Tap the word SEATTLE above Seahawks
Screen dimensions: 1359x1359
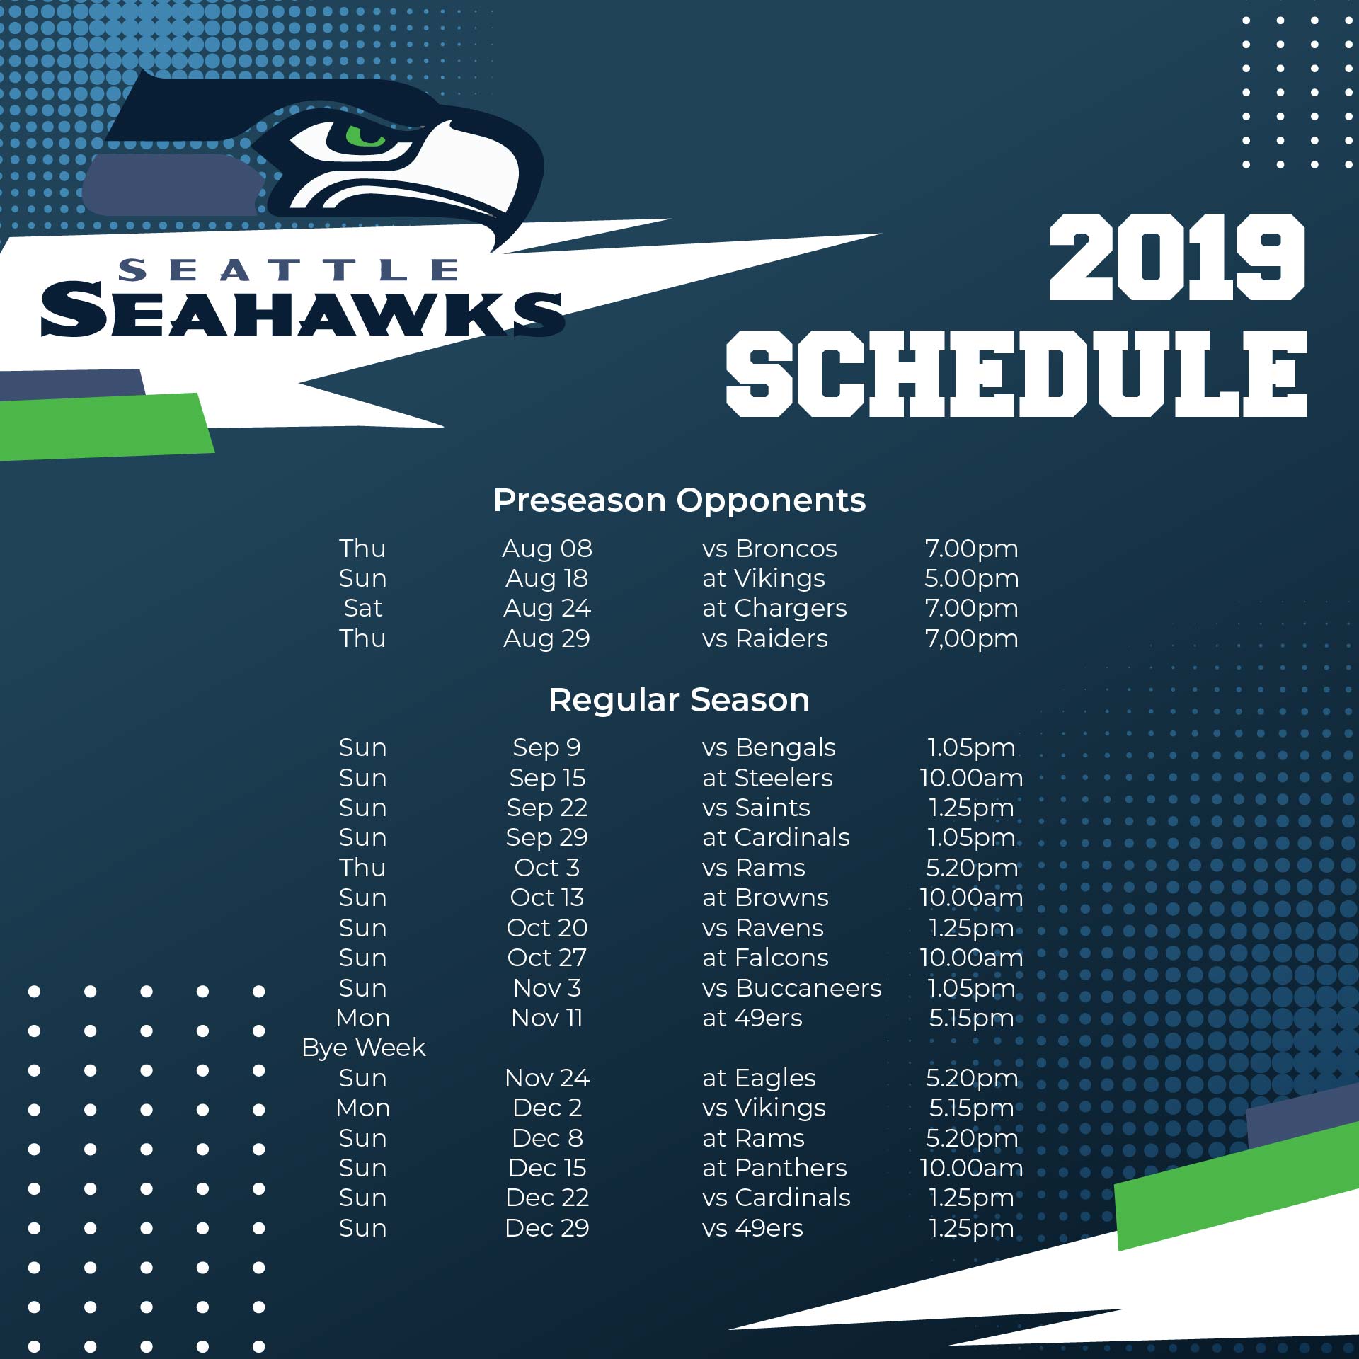tap(289, 270)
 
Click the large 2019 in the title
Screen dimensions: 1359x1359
tap(1177, 257)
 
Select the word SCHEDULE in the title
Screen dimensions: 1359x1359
tap(1016, 373)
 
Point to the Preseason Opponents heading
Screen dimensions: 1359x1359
tap(679, 500)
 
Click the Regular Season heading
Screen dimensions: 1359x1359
tap(679, 699)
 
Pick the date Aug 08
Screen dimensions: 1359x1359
tap(547, 549)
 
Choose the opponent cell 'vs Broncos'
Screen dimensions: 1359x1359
tap(769, 549)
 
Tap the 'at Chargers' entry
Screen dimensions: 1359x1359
tap(774, 608)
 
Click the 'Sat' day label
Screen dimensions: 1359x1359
tap(362, 608)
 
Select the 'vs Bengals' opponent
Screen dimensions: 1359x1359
tap(769, 747)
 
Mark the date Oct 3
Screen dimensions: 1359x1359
tap(547, 868)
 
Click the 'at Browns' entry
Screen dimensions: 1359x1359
tap(765, 898)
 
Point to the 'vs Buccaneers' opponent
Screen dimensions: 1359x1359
tap(792, 988)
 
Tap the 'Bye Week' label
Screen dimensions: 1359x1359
tap(363, 1048)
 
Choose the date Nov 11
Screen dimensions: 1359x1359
tap(547, 1018)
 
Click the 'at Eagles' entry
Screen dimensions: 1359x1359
tap(759, 1078)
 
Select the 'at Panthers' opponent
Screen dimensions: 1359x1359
tap(774, 1168)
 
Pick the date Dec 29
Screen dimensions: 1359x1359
tap(547, 1228)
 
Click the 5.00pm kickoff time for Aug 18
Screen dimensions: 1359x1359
tap(972, 578)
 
